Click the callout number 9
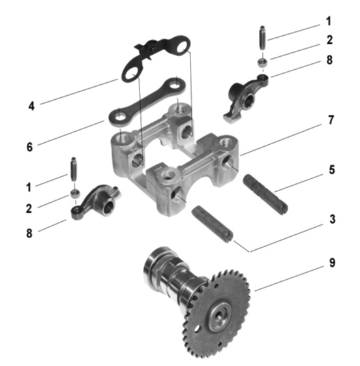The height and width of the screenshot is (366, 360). [332, 263]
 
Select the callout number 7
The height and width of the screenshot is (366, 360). [331, 120]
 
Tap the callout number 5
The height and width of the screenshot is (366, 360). [332, 170]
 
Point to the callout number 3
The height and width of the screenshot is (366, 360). [333, 219]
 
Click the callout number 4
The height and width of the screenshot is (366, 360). [31, 106]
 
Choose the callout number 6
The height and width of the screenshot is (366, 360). [29, 147]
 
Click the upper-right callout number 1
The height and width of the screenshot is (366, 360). [329, 21]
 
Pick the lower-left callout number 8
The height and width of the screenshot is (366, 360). [29, 233]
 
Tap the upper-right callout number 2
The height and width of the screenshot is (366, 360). [329, 40]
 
